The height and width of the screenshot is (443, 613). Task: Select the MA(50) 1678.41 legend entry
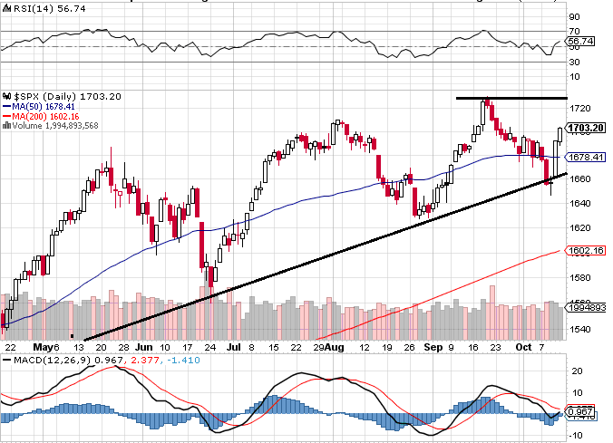tap(44, 106)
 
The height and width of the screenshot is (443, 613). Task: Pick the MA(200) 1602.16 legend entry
tap(47, 116)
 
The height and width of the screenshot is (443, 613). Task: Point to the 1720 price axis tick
tap(580, 107)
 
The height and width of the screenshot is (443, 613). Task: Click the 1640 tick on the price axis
tap(580, 204)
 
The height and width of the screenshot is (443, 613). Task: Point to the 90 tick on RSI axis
tap(575, 16)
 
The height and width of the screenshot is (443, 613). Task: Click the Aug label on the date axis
tap(336, 347)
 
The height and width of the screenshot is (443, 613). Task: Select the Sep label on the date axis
tap(433, 347)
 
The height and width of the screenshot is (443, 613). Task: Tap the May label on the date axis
tap(44, 347)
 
